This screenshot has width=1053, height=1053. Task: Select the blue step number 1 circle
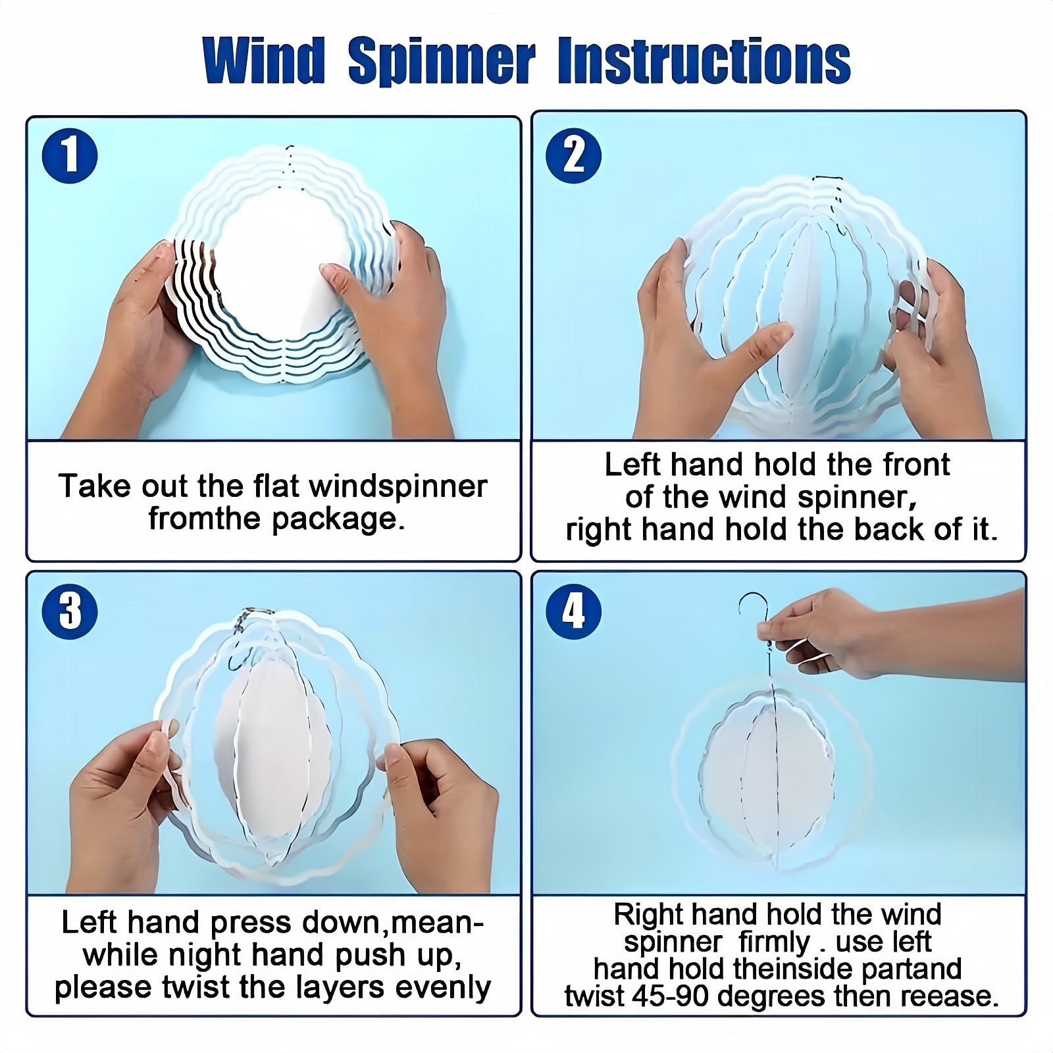coord(70,156)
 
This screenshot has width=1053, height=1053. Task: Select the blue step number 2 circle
coord(574,156)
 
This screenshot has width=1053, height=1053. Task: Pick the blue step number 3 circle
coord(70,610)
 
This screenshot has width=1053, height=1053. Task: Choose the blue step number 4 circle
coord(574,610)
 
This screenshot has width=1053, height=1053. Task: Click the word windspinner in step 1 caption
coord(398,487)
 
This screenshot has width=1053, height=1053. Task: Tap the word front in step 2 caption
coord(916,465)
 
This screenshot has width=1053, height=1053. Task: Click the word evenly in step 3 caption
coord(445,987)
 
